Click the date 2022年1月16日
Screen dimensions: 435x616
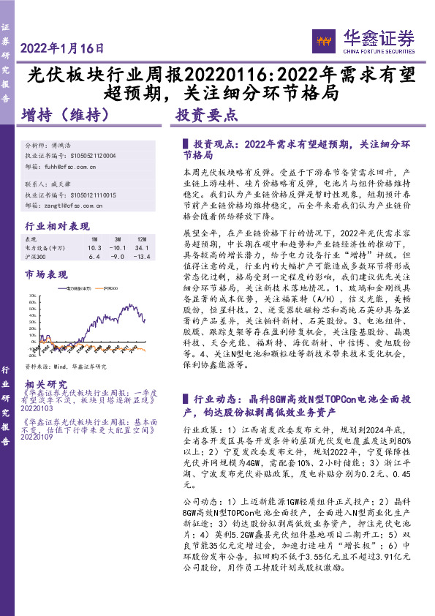pos(62,48)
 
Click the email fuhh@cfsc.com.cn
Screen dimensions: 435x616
pos(73,167)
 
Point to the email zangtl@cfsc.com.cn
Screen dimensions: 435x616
pos(75,206)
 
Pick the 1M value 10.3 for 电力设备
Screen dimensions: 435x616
pos(94,248)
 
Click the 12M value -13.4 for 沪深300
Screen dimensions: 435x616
pos(143,257)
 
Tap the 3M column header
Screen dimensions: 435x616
pos(117,239)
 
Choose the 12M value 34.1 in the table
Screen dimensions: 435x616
pos(143,248)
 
